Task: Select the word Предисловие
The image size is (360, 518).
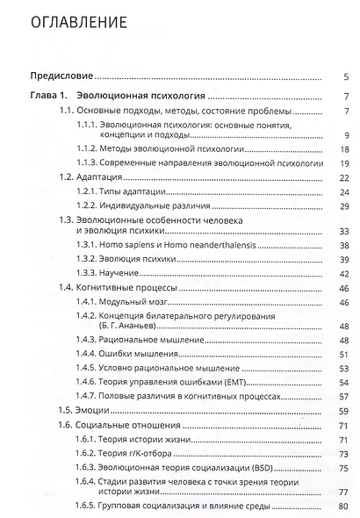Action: (62, 77)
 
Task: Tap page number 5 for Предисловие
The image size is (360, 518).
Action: (348, 77)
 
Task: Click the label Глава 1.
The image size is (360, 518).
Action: (50, 97)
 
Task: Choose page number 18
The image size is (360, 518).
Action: (345, 149)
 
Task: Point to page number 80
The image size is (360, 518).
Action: (345, 506)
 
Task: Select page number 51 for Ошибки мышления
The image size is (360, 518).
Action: (345, 354)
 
